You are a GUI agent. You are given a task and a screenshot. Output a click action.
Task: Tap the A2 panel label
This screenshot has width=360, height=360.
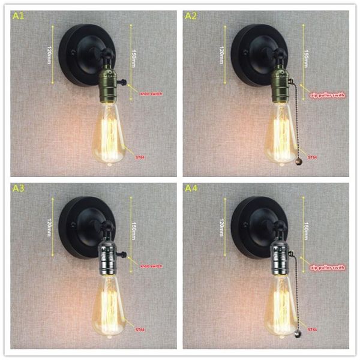pyautogui.click(x=191, y=16)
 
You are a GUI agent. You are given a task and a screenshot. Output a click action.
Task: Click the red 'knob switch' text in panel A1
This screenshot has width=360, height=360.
pyautogui.click(x=151, y=94)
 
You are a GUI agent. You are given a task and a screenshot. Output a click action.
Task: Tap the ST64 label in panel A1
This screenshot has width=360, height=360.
pyautogui.click(x=142, y=157)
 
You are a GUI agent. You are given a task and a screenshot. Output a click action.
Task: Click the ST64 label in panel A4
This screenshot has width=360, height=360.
pyautogui.click(x=313, y=329)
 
